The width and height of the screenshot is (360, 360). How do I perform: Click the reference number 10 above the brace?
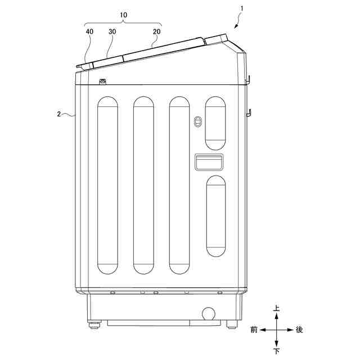[x=124, y=15]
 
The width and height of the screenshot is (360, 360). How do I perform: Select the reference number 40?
[x=89, y=31]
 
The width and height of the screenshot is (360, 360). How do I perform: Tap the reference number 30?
[x=112, y=31]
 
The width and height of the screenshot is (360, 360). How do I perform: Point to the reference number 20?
[x=157, y=31]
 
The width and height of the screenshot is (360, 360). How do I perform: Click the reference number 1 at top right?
[x=241, y=9]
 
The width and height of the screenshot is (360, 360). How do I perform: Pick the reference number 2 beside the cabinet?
[x=59, y=114]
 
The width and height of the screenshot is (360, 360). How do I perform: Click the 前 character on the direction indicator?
[x=254, y=330]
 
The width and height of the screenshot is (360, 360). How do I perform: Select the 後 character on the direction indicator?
[x=299, y=330]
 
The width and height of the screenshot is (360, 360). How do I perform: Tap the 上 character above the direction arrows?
[x=276, y=308]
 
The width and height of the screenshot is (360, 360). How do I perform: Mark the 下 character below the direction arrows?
[x=277, y=351]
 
